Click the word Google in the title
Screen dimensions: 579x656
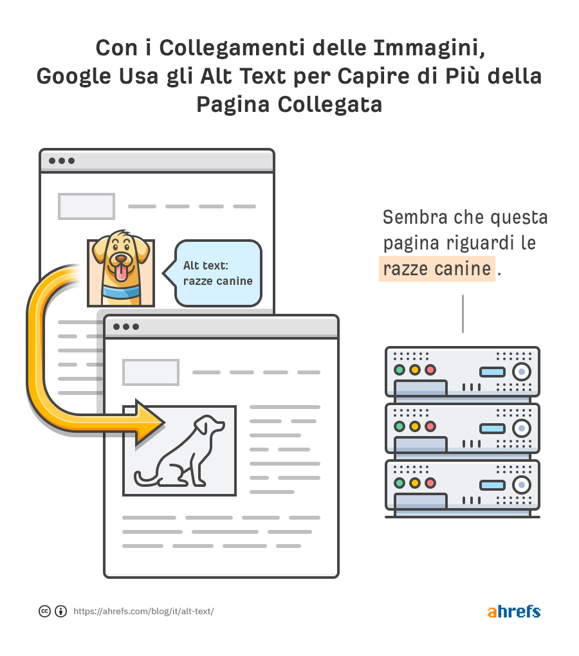(73, 77)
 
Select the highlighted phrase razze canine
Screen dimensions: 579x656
(437, 269)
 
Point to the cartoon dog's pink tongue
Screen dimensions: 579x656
(122, 273)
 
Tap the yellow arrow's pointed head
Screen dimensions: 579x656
(150, 422)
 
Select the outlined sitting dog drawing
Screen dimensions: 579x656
(180, 451)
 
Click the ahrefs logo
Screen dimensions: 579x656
(514, 611)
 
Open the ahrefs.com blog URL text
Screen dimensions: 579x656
(143, 611)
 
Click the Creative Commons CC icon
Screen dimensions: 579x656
(44, 611)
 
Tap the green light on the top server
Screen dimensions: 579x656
(400, 370)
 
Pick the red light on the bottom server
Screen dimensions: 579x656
(430, 483)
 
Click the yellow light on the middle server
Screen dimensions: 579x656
(414, 426)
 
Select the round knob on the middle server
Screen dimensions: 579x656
(522, 428)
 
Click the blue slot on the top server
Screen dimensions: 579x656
(492, 372)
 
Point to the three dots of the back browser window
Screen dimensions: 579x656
(62, 161)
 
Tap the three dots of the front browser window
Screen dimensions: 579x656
(126, 327)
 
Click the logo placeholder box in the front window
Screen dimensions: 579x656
(151, 372)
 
